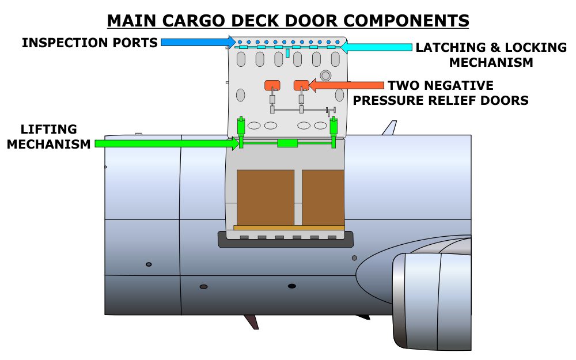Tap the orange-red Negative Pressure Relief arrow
346,86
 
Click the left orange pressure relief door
272,85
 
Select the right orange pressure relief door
301,85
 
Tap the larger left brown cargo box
266,197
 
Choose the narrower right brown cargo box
323,197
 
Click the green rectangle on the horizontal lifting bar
287,143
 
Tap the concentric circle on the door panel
325,75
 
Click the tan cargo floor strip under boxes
289,228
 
